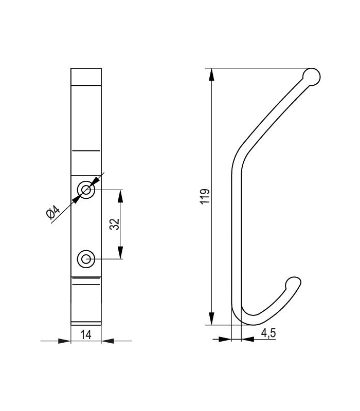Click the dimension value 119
(x=205, y=197)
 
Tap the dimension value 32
(x=115, y=224)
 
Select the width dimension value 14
(x=86, y=334)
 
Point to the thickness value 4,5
(x=268, y=333)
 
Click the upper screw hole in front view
(x=85, y=190)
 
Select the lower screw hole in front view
(x=85, y=259)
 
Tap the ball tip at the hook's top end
(x=312, y=77)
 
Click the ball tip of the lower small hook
(x=292, y=283)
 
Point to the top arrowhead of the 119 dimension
(x=211, y=74)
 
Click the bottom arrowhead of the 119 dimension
(x=211, y=319)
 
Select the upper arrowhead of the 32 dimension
(x=121, y=196)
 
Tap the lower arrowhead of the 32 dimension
(x=121, y=253)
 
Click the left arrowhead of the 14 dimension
(x=65, y=340)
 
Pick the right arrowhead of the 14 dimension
(x=107, y=340)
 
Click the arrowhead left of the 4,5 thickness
(x=226, y=339)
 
